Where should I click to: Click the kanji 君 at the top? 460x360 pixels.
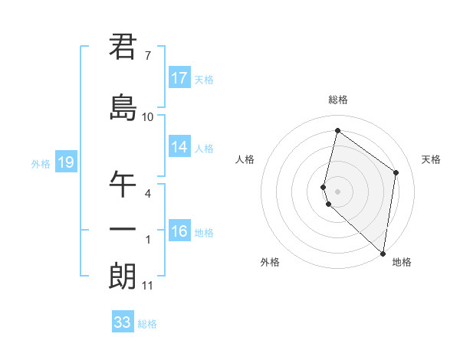tap(123, 47)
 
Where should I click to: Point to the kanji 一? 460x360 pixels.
tap(123, 230)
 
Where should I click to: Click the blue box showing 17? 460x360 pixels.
tap(179, 78)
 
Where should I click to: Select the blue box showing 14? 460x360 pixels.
tap(179, 147)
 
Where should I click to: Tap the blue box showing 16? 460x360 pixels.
tap(179, 231)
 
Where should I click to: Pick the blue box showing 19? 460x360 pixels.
tap(65, 162)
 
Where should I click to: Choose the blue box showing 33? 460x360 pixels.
tap(123, 322)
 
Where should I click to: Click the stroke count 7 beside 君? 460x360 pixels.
tap(147, 56)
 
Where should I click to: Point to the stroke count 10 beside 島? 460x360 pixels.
tap(147, 117)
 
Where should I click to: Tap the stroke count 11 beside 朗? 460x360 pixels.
tap(147, 286)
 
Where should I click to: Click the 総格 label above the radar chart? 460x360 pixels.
tap(338, 100)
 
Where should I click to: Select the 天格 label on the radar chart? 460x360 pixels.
tap(431, 159)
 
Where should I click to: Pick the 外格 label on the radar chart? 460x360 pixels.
tap(270, 263)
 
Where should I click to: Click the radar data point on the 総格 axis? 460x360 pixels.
tap(337, 130)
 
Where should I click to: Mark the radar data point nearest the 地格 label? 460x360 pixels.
tap(383, 253)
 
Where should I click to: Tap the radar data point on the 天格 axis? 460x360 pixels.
tap(396, 172)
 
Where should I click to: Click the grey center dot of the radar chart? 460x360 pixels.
tap(338, 191)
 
